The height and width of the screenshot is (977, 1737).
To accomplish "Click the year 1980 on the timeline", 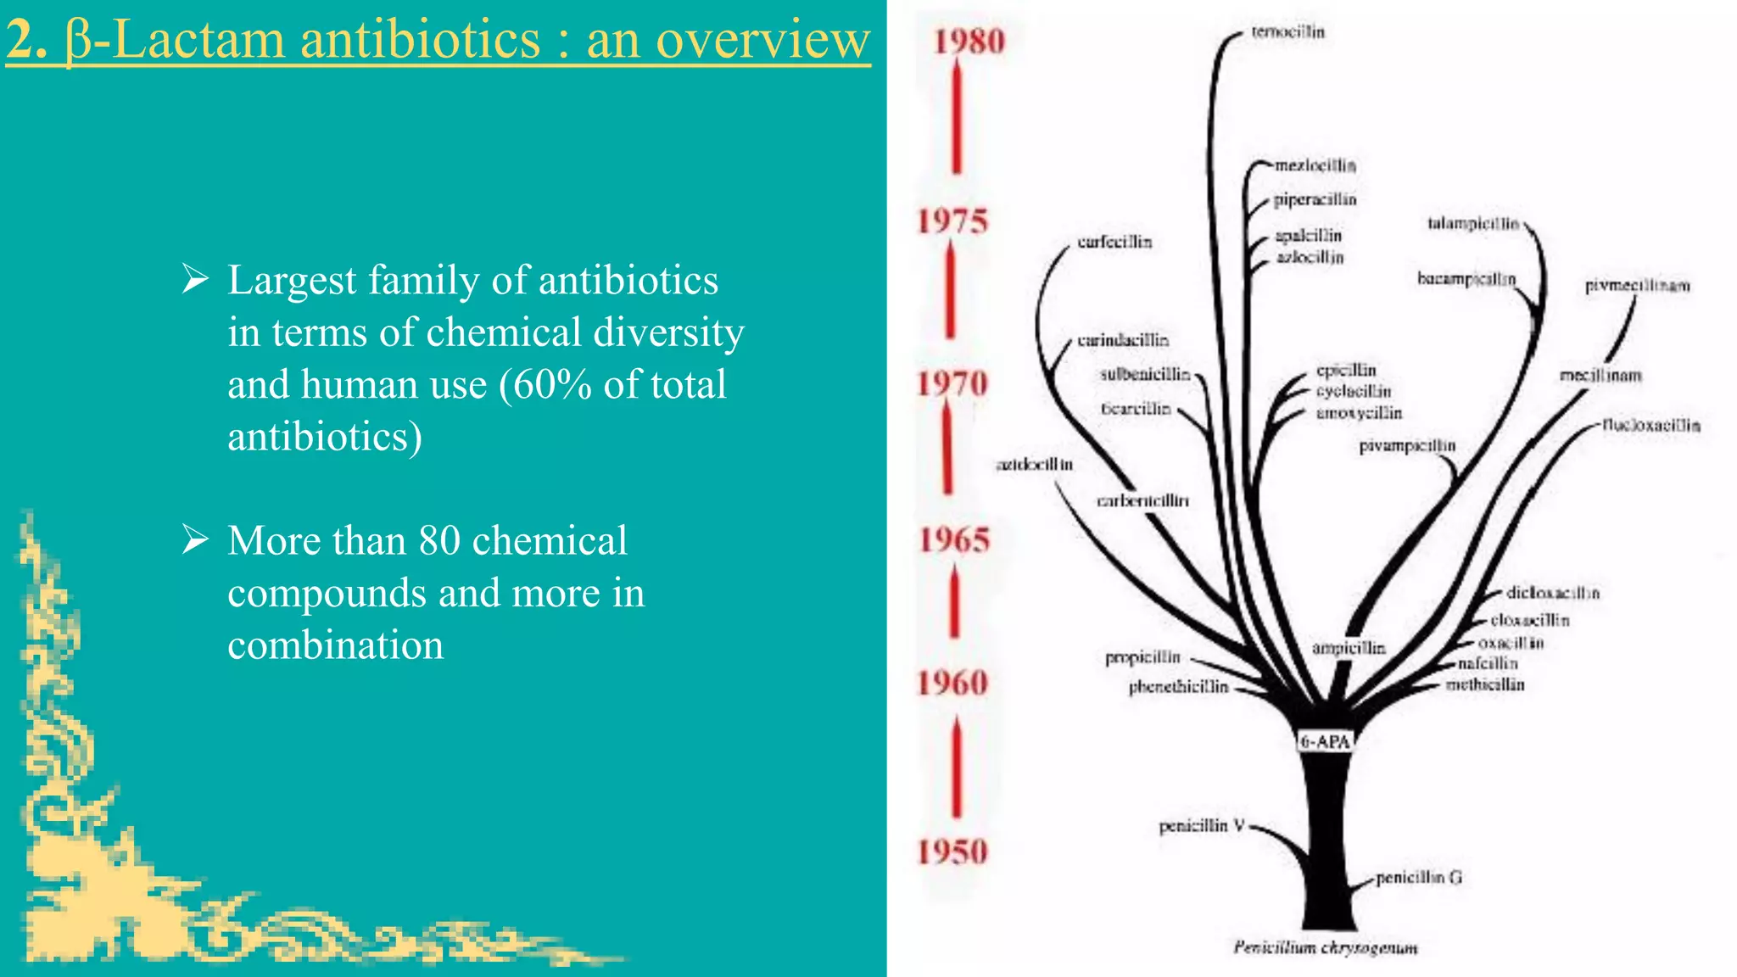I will click(x=969, y=42).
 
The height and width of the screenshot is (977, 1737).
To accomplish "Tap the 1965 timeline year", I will click(x=955, y=540).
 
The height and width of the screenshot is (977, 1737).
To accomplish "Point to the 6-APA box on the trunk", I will click(x=1325, y=742).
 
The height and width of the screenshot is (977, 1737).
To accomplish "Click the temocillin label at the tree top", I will click(x=1287, y=32).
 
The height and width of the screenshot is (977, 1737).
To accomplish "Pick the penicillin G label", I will click(x=1419, y=877).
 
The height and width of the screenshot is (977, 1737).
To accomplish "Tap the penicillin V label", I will click(x=1201, y=825).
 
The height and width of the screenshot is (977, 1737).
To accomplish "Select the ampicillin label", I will click(x=1349, y=648).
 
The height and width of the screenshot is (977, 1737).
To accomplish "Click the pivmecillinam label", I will click(x=1637, y=286).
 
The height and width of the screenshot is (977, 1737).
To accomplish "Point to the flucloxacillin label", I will click(x=1651, y=425).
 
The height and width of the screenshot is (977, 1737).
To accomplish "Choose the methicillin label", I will click(x=1485, y=684).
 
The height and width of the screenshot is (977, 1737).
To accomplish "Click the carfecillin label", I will click(x=1114, y=243).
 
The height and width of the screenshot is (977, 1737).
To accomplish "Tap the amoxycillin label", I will click(x=1359, y=413).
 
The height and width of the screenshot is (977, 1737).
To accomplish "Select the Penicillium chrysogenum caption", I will click(x=1325, y=947).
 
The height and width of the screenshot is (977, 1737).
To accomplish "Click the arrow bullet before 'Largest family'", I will click(x=196, y=278).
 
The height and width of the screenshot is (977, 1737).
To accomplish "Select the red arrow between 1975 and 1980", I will click(x=957, y=119).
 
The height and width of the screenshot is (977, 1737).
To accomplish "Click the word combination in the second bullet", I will click(x=335, y=645).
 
